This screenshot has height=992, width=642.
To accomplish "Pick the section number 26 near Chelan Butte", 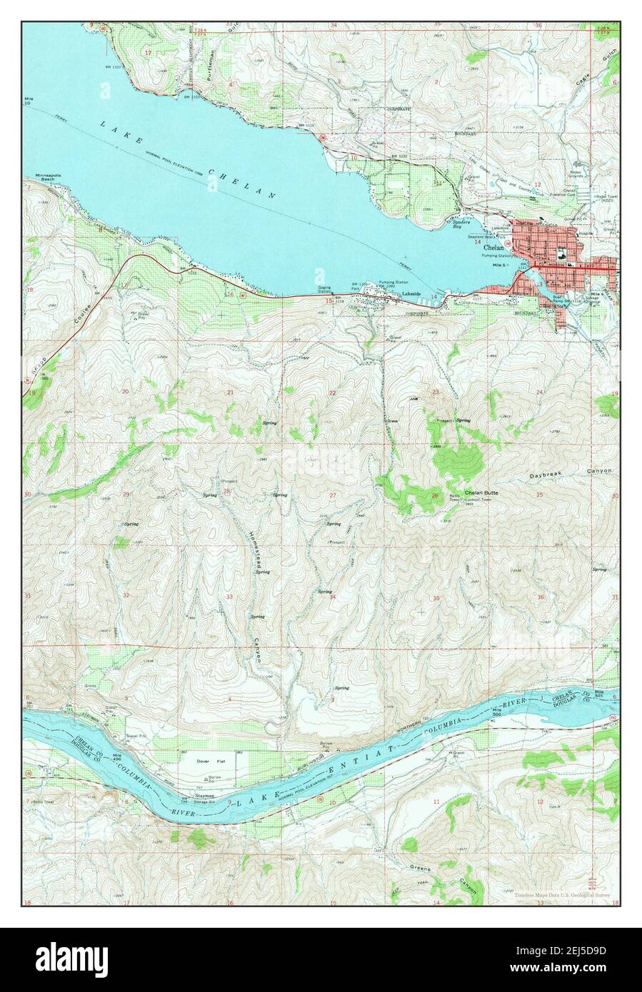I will click(x=434, y=495).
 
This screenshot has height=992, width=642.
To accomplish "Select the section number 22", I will click(x=332, y=393).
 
